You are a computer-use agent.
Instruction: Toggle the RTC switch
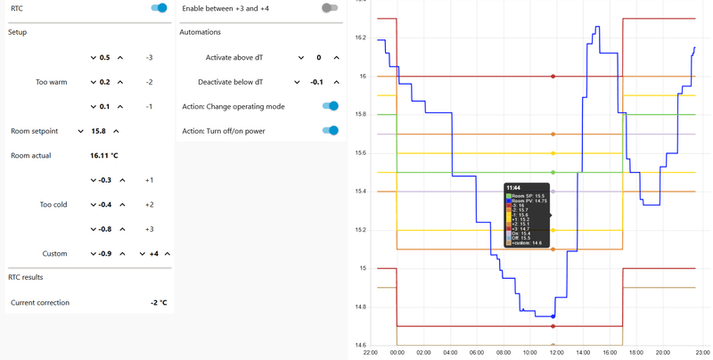click(x=160, y=8)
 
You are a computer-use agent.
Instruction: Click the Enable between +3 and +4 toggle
click(x=330, y=8)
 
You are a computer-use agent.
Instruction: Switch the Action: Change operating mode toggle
click(x=331, y=106)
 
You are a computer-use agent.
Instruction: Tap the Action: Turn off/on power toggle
click(x=331, y=131)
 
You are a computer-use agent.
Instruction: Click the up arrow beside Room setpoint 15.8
click(x=116, y=131)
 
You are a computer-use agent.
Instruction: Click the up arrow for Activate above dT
click(x=336, y=58)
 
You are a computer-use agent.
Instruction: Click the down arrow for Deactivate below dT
click(x=297, y=82)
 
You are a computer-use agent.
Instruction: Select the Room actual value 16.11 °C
click(x=104, y=155)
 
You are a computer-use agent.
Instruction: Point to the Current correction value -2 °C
click(x=159, y=303)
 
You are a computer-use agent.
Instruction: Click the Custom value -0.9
click(x=105, y=254)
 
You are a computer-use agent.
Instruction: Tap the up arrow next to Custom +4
click(x=168, y=254)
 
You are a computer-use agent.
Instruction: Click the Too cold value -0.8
click(x=105, y=229)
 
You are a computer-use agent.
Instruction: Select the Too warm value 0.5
click(x=105, y=58)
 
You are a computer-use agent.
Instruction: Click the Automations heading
click(x=200, y=32)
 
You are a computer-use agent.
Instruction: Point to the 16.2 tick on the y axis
click(x=360, y=37)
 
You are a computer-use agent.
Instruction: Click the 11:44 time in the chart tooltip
click(x=513, y=188)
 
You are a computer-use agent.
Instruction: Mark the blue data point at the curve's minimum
click(x=553, y=316)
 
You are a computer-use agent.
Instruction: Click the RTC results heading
click(x=27, y=277)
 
